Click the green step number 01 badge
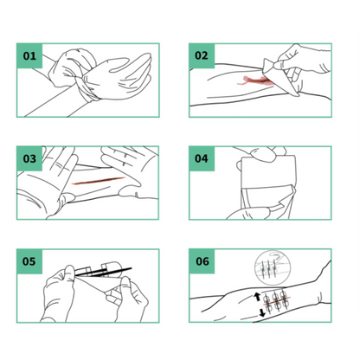click(29, 55)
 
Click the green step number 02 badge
click(202, 55)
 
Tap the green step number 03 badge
click(29, 158)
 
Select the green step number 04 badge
click(202, 158)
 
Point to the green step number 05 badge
click(29, 261)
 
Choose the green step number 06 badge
click(202, 261)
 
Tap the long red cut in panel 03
click(98, 181)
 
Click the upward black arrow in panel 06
click(257, 297)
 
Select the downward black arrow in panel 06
click(261, 312)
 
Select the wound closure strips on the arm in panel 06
click(276, 301)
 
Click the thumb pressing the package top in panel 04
click(263, 155)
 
